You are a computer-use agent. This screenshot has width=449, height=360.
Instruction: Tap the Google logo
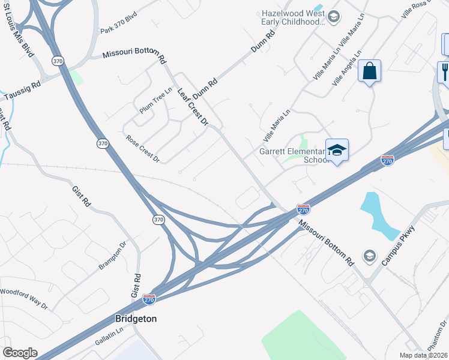20,353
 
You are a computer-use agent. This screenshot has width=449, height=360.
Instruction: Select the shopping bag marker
369,72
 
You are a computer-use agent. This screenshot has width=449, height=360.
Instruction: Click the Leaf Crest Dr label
193,107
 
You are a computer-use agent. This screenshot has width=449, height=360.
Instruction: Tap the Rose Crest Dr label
143,149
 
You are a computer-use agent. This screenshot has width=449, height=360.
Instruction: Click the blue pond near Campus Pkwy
378,216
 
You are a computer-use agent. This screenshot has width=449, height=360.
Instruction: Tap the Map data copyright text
424,355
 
